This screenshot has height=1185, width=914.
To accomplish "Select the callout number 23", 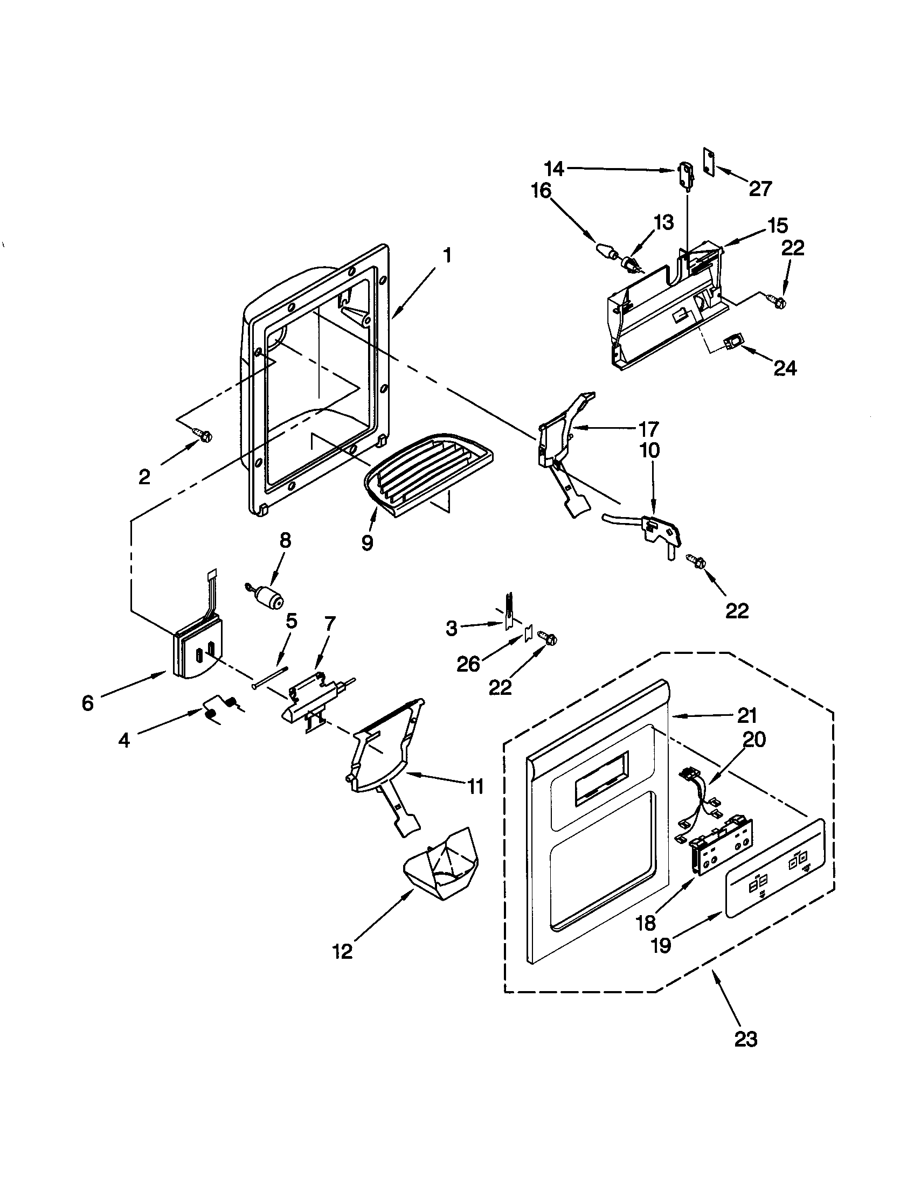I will click(745, 1039).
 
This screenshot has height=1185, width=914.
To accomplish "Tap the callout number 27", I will click(760, 189).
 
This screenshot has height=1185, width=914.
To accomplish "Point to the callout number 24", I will click(785, 368).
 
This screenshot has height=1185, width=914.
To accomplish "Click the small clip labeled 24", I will click(732, 343).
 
